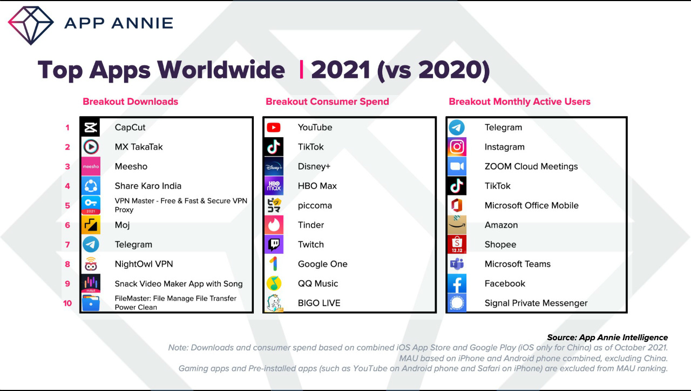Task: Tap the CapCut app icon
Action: pos(91,127)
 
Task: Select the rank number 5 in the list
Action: pos(67,205)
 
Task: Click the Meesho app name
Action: pos(131,166)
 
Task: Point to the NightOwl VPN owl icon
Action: pos(91,264)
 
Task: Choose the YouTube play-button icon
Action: pos(274,127)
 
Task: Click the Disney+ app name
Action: pos(314,166)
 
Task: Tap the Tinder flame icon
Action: pos(274,225)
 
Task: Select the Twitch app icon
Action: pos(274,244)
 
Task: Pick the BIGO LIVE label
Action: pos(319,303)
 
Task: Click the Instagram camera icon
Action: pos(457,147)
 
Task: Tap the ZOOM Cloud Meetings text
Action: pos(531,166)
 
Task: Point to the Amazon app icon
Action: pos(457,225)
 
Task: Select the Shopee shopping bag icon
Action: pos(457,244)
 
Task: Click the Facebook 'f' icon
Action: pos(457,284)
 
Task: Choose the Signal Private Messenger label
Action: pos(536,303)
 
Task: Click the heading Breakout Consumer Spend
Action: pos(327,102)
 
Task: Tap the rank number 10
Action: pos(67,303)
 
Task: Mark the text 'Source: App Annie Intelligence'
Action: pos(607,338)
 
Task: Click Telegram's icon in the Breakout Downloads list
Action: pos(91,245)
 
